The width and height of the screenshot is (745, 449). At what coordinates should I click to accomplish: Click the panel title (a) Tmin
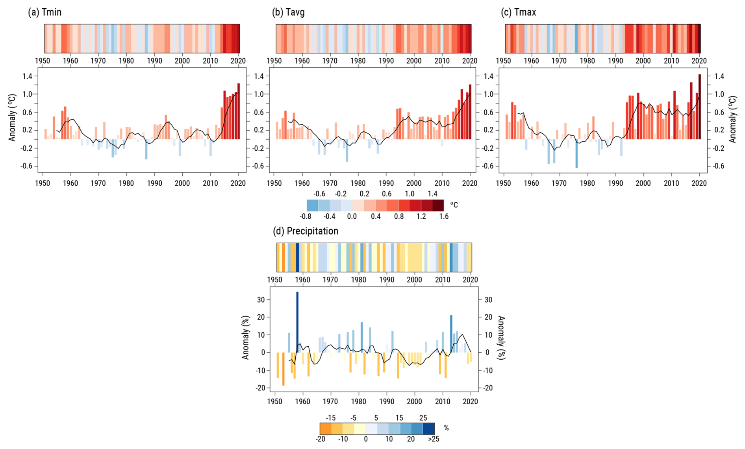point(44,12)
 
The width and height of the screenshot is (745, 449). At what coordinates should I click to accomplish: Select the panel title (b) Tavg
point(288,12)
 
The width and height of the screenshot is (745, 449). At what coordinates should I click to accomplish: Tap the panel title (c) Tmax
point(518,12)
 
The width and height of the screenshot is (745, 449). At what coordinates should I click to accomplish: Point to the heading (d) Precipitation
point(306,231)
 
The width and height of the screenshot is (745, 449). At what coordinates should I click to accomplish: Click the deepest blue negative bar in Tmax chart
point(576,153)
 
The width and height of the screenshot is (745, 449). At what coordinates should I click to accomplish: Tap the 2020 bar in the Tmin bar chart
point(239,111)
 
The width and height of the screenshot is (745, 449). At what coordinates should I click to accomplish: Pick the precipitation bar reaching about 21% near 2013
point(451,334)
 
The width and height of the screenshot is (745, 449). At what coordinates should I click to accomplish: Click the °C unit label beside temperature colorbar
point(454,205)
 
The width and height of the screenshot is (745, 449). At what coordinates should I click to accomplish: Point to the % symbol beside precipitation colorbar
point(446,428)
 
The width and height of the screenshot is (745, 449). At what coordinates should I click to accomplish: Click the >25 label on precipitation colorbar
point(434,439)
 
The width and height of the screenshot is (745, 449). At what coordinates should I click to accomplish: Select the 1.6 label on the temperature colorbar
point(444,216)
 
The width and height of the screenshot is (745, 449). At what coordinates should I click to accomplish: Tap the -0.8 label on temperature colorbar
point(306,216)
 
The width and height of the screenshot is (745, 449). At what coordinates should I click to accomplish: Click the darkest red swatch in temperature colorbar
point(438,205)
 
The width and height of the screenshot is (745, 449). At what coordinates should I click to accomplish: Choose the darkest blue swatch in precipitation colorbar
point(429,428)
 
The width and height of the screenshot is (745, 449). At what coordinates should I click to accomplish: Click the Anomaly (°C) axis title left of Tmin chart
point(12,118)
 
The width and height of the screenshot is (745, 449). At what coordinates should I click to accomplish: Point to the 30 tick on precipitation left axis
point(261,299)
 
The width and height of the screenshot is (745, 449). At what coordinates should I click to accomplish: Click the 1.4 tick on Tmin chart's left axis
point(27,76)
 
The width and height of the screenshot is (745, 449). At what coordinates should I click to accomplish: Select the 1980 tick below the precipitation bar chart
point(359,401)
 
